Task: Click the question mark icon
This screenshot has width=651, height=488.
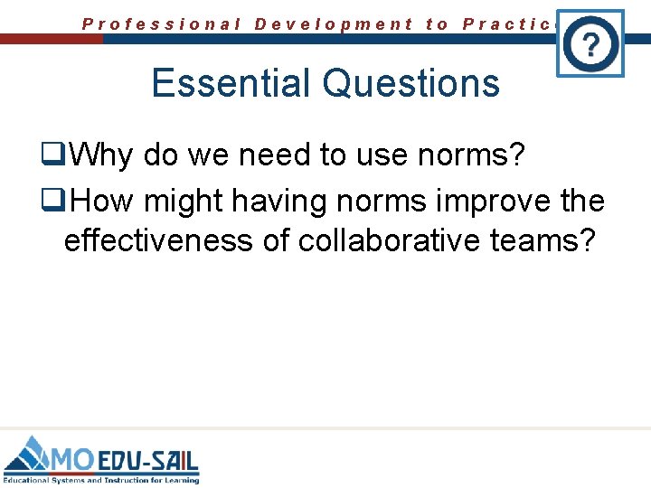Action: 590,42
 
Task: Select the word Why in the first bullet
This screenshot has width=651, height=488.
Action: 101,155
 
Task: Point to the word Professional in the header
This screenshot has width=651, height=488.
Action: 162,24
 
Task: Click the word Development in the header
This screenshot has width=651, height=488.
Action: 334,24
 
